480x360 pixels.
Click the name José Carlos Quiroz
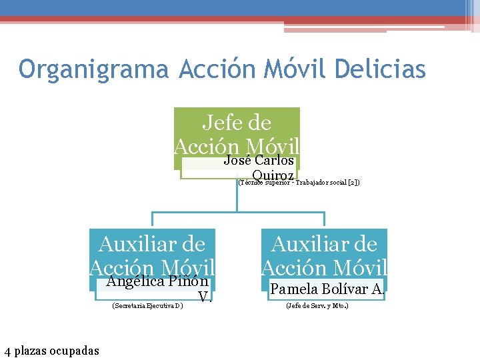(x=259, y=167)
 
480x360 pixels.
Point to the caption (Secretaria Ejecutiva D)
(x=148, y=306)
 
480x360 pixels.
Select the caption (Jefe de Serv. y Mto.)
(x=317, y=306)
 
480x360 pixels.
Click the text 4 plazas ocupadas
(x=51, y=351)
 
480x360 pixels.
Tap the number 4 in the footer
(x=7, y=351)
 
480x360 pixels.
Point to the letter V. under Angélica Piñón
(x=205, y=296)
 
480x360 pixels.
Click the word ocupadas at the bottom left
(x=77, y=351)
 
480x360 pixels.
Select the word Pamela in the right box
(x=294, y=289)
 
